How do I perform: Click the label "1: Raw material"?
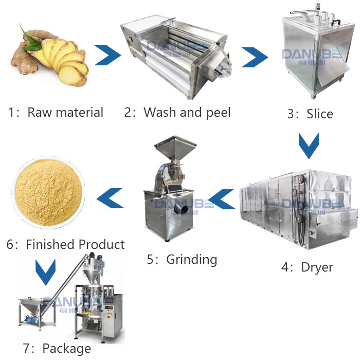56,113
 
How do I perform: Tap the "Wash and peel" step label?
177,113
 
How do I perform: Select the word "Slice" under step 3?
310,114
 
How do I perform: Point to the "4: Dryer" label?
307,267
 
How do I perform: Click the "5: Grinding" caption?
182,259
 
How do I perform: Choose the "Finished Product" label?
65,244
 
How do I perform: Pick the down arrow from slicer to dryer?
309,146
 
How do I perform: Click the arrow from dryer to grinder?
222,198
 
